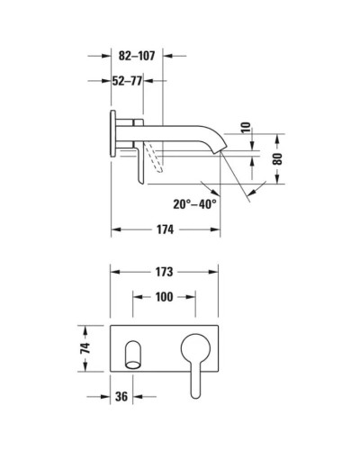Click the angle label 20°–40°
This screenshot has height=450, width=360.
tap(195, 204)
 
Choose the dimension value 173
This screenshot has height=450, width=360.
tap(163, 271)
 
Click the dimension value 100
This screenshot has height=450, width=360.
tap(163, 296)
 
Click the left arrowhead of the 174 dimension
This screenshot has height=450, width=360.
tap(115, 231)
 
